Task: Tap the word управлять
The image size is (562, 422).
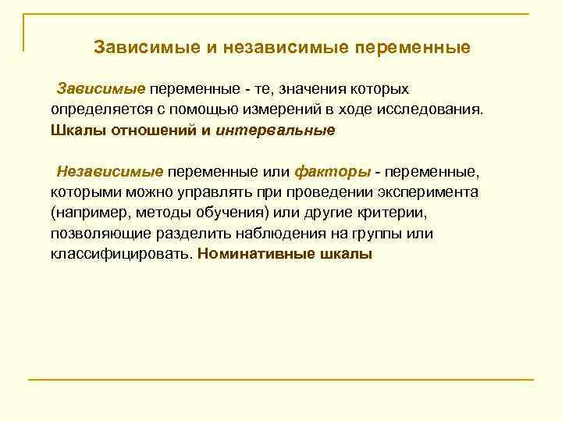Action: click(x=223, y=192)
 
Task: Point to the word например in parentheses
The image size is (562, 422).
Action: click(x=87, y=213)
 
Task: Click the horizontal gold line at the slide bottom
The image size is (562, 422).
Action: click(x=281, y=380)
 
